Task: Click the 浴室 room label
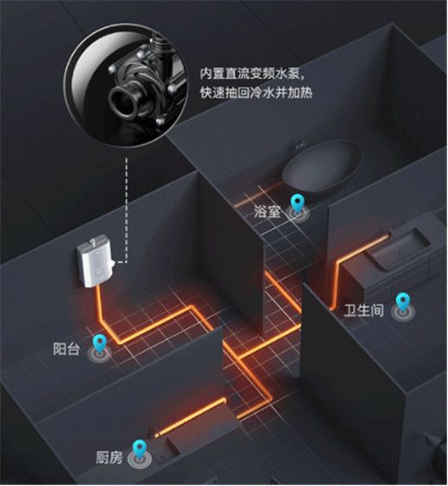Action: [267, 212]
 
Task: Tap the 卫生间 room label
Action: [364, 311]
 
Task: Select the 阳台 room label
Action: [66, 349]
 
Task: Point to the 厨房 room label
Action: [109, 457]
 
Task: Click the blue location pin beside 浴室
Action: [297, 203]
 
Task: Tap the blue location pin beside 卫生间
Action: [402, 303]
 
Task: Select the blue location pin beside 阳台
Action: [100, 343]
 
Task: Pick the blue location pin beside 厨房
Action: [140, 448]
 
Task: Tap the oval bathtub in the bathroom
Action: [322, 164]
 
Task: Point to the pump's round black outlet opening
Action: [122, 102]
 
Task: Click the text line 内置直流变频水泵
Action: [251, 74]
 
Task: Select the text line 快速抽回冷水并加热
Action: [256, 92]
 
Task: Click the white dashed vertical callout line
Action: [127, 210]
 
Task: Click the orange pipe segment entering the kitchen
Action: [190, 417]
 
